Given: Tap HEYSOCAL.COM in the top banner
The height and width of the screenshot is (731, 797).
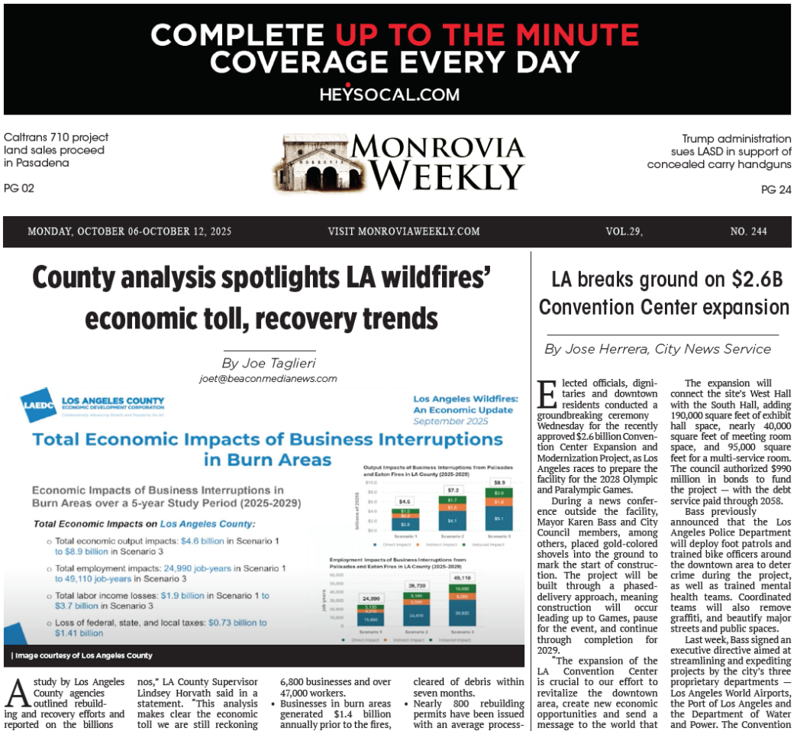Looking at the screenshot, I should tap(389, 95).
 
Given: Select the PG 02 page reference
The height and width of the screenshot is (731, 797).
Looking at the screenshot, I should tap(19, 188).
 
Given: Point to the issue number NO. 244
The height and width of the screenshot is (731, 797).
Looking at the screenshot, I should tap(748, 231).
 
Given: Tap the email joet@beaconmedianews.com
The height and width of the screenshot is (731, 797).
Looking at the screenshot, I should tap(268, 378).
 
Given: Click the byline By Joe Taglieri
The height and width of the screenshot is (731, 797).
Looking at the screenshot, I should tap(268, 362).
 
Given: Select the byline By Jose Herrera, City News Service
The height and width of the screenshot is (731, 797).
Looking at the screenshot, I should tap(657, 349).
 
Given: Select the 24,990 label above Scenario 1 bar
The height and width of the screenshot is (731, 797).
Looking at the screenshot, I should tap(370, 598).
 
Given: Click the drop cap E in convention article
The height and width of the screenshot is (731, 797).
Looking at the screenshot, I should tap(547, 393).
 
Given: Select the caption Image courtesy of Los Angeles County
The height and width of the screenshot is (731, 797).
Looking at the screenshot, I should tap(82, 655).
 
